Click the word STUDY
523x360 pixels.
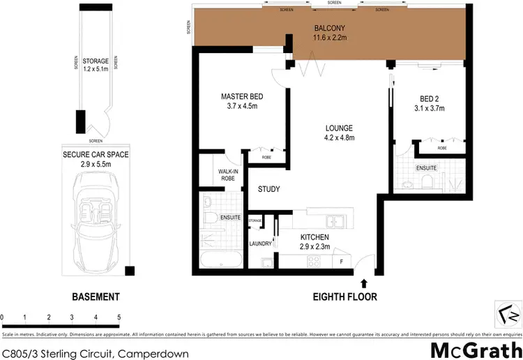[269, 189]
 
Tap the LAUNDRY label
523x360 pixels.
[261, 243]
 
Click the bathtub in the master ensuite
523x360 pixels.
[220, 262]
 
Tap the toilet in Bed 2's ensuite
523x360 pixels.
[427, 183]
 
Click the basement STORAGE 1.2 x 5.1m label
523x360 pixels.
[96, 66]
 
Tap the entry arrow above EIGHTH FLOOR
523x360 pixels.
[363, 282]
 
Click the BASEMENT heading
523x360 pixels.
[96, 297]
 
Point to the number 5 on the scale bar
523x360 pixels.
[119, 317]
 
